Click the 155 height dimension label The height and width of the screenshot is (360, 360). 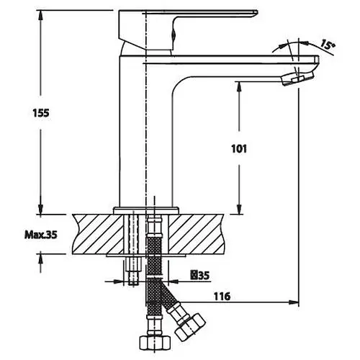point(41,113)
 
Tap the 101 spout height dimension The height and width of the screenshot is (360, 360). point(239,149)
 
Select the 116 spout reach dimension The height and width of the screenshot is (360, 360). point(222,297)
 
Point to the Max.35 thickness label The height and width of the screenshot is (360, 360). point(41,235)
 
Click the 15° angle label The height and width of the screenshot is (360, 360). point(328,45)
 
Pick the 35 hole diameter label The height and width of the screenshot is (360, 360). point(200,275)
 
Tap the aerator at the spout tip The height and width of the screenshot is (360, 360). point(297,78)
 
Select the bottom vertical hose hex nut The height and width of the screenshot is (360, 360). point(155,343)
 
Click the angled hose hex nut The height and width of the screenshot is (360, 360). point(190,326)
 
